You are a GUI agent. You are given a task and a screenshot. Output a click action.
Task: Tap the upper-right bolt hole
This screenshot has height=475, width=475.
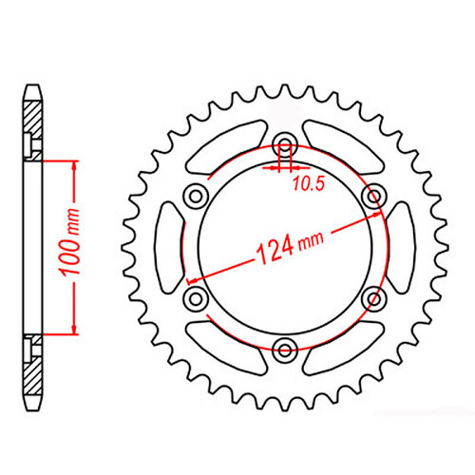tap(373, 196)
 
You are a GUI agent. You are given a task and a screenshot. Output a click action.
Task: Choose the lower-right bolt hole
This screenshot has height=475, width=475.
tap(373, 297)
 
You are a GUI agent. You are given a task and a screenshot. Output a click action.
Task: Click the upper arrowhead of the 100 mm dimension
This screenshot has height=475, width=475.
tap(72, 164)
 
